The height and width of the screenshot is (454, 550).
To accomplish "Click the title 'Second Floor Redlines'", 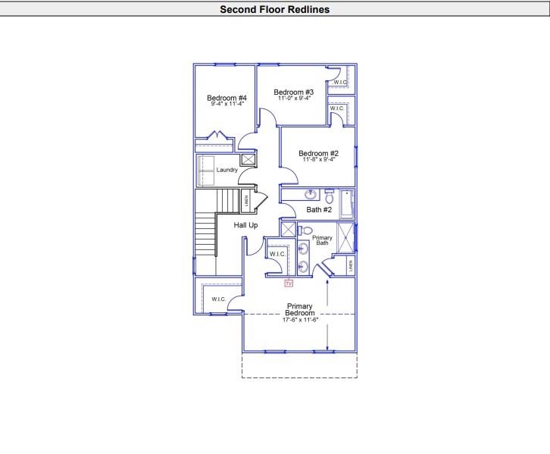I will pyautogui.click(x=274, y=10).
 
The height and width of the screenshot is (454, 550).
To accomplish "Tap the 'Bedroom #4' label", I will pyautogui.click(x=227, y=98).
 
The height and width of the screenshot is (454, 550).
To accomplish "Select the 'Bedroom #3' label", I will pyautogui.click(x=294, y=92).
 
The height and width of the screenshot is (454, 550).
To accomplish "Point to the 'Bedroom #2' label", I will pyautogui.click(x=318, y=153).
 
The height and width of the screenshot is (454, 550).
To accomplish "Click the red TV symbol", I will pyautogui.click(x=289, y=283).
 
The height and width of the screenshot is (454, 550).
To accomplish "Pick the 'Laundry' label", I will pyautogui.click(x=227, y=170).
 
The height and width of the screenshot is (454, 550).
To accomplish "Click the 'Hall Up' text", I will pyautogui.click(x=245, y=226).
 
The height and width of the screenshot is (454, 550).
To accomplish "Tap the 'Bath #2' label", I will pyautogui.click(x=319, y=210).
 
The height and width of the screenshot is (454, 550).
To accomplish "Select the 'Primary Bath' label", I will pyautogui.click(x=323, y=240).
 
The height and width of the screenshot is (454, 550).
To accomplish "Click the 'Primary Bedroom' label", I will pyautogui.click(x=300, y=309).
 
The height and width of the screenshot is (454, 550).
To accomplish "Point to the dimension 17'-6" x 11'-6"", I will pyautogui.click(x=300, y=320).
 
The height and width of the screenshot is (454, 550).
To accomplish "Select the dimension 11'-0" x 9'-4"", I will pyautogui.click(x=294, y=99).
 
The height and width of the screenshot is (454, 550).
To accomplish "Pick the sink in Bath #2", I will pyautogui.click(x=310, y=195).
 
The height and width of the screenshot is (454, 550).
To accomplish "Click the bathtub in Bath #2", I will pyautogui.click(x=348, y=205).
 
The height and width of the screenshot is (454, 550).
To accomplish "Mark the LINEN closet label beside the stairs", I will pyautogui.click(x=246, y=202).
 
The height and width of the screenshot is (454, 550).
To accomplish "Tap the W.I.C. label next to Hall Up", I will pyautogui.click(x=277, y=254).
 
